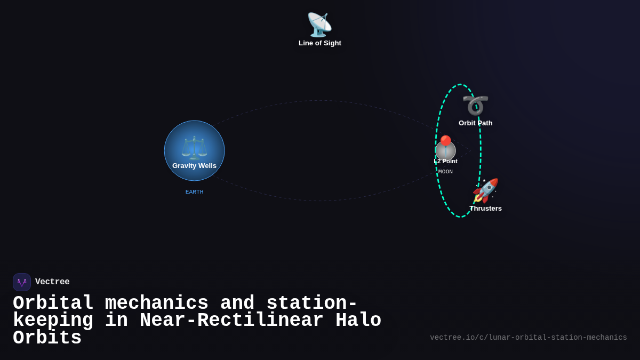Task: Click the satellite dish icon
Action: [x=319, y=25]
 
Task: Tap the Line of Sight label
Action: [x=320, y=43]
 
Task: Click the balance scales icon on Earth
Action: [x=194, y=148]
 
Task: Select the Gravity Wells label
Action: [x=194, y=166]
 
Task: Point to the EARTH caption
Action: [x=194, y=192]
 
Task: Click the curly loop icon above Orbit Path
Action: [x=475, y=105]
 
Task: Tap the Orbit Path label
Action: [x=475, y=123]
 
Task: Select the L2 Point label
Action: [x=446, y=161]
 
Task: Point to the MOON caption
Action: [x=445, y=172]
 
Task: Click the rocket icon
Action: [x=485, y=190]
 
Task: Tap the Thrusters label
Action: [x=485, y=209]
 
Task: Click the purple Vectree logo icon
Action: [x=22, y=282]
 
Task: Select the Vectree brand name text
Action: [x=52, y=282]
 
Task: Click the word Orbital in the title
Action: [x=53, y=303]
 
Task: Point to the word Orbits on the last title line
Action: [x=47, y=338]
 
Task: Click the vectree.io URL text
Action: [x=528, y=338]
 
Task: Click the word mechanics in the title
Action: [x=157, y=303]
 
